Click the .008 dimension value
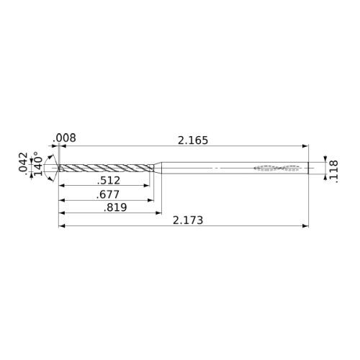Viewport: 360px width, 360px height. click(64, 138)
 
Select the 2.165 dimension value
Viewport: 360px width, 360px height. click(193, 140)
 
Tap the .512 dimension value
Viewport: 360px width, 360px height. click(109, 181)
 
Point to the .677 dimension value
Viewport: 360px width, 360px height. click(108, 194)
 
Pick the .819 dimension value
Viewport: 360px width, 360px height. click(115, 207)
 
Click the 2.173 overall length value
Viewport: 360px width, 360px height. click(188, 220)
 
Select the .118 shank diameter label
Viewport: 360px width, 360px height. click(333, 172)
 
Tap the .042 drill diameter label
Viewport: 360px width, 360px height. click(23, 162)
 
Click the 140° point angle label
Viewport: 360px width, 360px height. click(38, 163)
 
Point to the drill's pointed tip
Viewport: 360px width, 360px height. click(58, 168)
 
